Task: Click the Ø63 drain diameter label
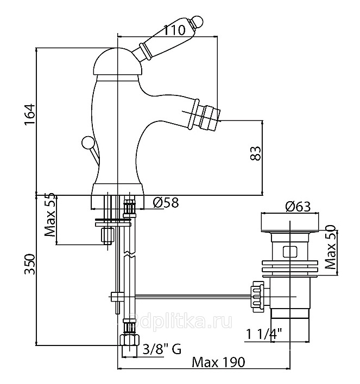[x=297, y=206]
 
